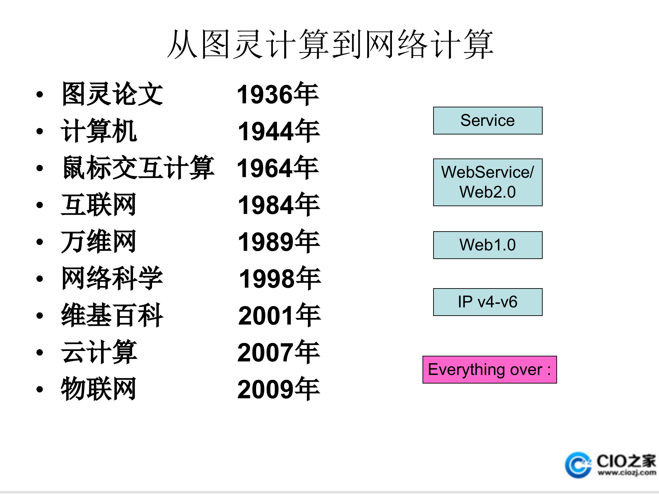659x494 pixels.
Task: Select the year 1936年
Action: [x=278, y=94]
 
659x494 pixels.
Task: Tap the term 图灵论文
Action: [x=112, y=94]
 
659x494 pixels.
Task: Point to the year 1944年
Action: [x=279, y=131]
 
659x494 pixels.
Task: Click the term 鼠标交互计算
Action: [x=138, y=168]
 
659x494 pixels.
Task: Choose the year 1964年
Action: [x=278, y=168]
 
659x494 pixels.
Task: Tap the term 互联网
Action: [x=99, y=205]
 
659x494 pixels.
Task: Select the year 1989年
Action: [x=279, y=242]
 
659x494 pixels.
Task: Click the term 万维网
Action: [x=99, y=242]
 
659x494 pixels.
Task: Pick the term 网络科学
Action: [x=112, y=279]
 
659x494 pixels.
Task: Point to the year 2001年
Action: [x=279, y=316]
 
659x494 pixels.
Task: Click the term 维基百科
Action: [x=112, y=316]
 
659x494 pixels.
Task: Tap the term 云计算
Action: [x=99, y=352]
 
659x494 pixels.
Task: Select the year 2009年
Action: [x=278, y=389]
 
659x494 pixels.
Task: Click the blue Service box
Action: [x=487, y=120]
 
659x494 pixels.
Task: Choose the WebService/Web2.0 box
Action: [x=487, y=182]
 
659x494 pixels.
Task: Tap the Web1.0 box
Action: [x=487, y=245]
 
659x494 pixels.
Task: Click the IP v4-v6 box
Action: [x=487, y=302]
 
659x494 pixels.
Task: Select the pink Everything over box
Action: [x=489, y=369]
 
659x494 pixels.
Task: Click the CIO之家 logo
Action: [x=611, y=465]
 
